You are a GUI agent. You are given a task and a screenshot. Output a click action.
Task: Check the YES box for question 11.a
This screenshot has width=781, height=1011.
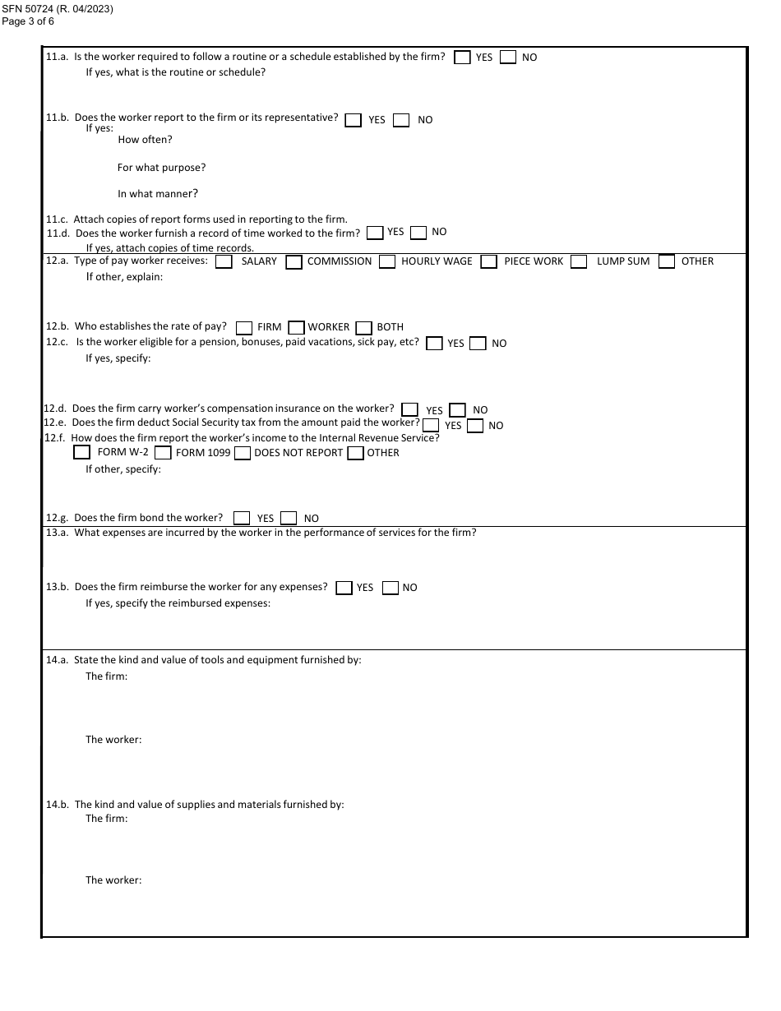[x=463, y=58]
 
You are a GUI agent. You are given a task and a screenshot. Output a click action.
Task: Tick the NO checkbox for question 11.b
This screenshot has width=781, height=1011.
[x=401, y=120]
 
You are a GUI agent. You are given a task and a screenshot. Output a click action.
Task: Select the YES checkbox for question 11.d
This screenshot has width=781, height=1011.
[x=375, y=233]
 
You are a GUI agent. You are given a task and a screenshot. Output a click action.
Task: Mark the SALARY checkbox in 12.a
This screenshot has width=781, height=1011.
[x=224, y=261]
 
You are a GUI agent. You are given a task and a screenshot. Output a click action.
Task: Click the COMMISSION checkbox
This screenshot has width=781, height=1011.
[x=293, y=262]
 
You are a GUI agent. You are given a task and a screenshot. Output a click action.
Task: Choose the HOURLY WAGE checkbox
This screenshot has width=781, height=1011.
[x=387, y=262]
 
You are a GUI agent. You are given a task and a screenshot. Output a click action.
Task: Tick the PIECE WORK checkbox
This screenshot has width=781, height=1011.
[x=489, y=262]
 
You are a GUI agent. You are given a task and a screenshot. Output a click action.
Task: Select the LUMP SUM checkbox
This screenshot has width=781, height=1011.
[x=580, y=262]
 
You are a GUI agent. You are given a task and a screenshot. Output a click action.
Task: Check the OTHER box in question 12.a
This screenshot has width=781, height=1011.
[x=667, y=262]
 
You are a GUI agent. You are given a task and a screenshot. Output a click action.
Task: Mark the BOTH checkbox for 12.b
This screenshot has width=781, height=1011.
[x=364, y=327]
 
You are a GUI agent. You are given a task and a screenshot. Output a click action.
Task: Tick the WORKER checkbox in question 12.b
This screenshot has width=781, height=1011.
[x=297, y=327]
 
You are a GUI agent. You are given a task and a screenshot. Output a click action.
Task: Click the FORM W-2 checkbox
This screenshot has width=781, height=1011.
[x=81, y=452]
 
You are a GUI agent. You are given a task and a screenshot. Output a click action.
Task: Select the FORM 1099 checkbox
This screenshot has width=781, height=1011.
[x=163, y=453]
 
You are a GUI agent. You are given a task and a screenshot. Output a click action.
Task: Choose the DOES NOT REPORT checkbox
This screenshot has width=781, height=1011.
[x=243, y=453]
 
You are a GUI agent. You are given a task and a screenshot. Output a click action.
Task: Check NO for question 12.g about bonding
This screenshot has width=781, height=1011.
[x=289, y=518]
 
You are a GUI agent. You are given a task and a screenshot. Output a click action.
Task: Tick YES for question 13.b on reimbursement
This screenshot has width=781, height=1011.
[x=344, y=588]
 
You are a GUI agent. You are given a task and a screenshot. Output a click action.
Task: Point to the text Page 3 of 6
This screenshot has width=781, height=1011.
[x=28, y=21]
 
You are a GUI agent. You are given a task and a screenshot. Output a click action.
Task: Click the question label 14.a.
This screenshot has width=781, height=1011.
[x=57, y=660]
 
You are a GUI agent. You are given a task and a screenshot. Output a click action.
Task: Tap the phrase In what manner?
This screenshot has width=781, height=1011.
[x=158, y=194]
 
